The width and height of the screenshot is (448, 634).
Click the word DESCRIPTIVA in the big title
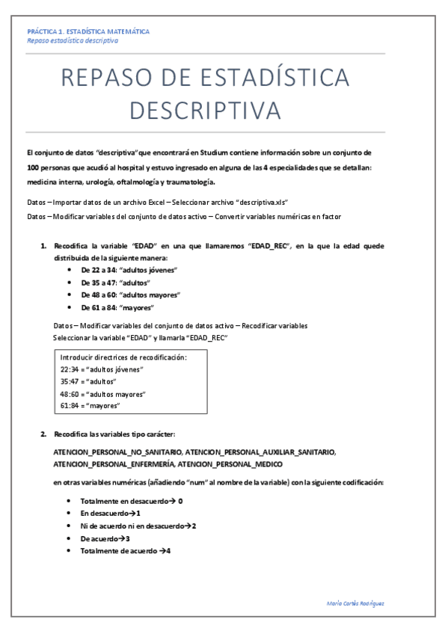[x=206, y=110]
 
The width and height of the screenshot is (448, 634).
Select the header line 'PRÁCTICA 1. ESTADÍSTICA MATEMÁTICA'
[x=88, y=31]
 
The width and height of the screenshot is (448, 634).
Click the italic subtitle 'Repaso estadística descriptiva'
[x=72, y=40]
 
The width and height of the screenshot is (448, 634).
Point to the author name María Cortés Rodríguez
[x=356, y=603]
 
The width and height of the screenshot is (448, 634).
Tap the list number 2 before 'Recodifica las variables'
[x=44, y=434]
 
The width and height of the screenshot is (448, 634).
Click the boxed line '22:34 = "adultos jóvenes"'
[x=101, y=369]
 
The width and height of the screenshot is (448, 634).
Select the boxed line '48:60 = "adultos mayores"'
[x=102, y=393]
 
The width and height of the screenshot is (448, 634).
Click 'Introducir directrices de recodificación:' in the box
[x=123, y=357]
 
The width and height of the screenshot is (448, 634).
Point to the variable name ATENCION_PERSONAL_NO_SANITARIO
[x=116, y=452]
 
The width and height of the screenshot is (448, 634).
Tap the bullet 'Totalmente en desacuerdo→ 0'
[x=131, y=501]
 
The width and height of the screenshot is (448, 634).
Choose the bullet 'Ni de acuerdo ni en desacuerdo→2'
[x=138, y=526]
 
